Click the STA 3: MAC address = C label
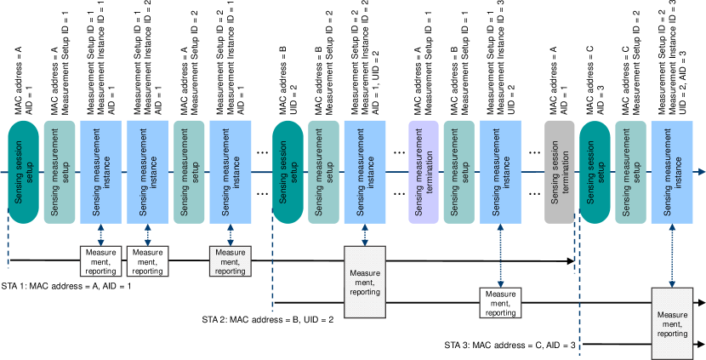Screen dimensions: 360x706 tap(510, 345)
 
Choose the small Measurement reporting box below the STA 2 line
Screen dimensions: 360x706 tap(500, 303)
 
